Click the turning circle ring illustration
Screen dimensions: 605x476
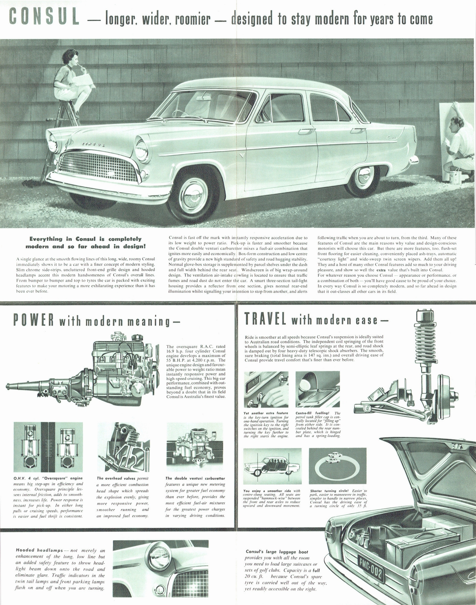pos(337,465)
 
